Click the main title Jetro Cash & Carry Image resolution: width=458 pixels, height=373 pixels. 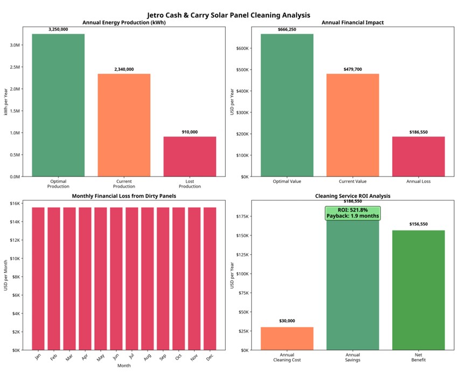pos(229,15)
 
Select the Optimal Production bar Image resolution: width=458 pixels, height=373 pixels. pos(58,105)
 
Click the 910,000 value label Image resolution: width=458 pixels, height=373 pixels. pos(190,132)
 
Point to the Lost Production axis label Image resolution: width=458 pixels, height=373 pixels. pos(190,184)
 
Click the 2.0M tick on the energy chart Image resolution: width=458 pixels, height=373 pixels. pos(15,89)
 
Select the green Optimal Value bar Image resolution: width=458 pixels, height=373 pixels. pos(287,105)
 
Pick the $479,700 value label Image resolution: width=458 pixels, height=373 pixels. pos(353,69)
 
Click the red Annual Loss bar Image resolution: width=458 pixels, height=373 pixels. pos(419,157)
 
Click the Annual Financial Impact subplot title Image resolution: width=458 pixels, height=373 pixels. pos(352,23)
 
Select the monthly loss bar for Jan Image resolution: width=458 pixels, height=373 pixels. pos(38,279)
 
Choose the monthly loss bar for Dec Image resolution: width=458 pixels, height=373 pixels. pos(210,279)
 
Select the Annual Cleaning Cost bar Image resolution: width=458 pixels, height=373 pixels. pos(287,338)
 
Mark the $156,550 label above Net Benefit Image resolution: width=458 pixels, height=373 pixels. pos(419,224)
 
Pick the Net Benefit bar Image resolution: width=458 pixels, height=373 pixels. pos(419,290)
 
